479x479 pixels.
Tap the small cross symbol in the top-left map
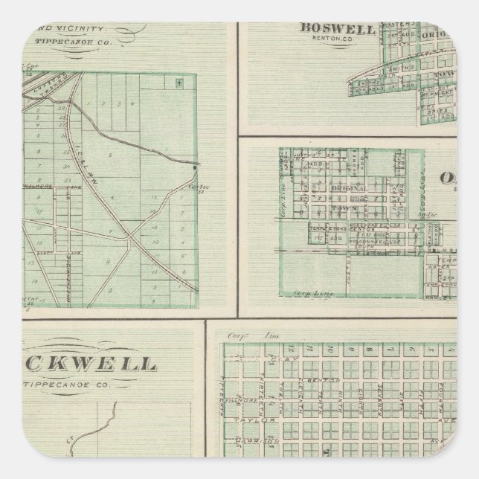tap(179, 83)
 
